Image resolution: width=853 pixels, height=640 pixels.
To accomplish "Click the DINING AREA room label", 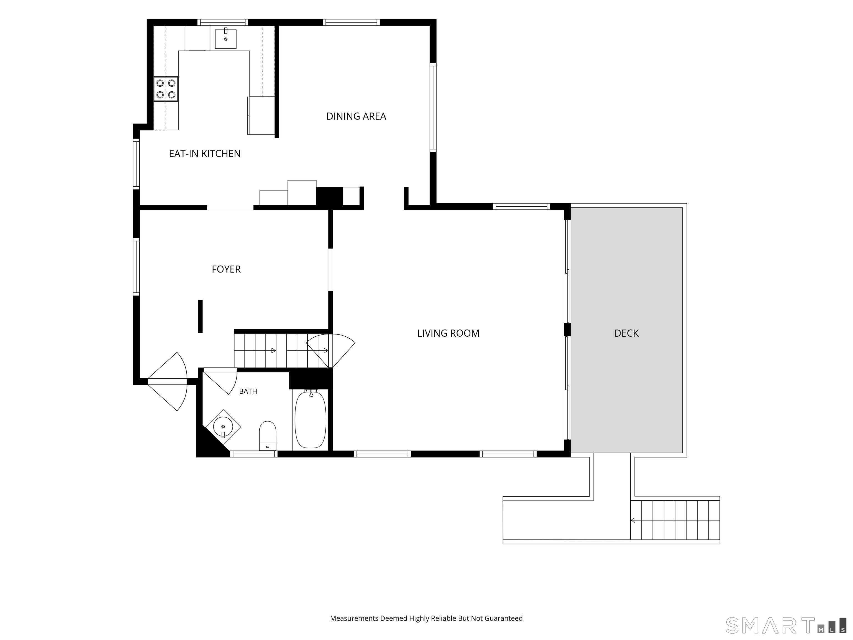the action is coord(356,116).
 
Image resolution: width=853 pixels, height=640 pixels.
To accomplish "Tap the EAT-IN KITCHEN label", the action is coord(205,154).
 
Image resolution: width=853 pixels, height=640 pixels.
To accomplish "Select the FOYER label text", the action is coord(226,269).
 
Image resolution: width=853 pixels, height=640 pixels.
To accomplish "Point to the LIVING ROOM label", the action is coord(448,333).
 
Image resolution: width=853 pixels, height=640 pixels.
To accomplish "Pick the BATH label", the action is coord(248,391).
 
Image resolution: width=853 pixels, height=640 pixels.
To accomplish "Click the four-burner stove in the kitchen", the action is coord(166,89).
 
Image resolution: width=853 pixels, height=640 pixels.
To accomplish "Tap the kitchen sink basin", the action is coord(225,38).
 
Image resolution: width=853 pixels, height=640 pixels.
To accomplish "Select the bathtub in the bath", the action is coord(310,419).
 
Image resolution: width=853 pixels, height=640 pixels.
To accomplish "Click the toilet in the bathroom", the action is coord(268,436).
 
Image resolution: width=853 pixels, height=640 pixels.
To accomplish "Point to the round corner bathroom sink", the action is coord(223,427).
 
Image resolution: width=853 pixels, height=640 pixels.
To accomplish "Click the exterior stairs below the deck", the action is coord(675,520).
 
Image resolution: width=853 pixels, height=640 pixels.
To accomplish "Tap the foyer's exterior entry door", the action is coord(168,381).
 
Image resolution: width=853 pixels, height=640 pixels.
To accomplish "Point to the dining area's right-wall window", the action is coord(433,107).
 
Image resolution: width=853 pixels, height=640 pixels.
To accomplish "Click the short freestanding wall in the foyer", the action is coord(200,316).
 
